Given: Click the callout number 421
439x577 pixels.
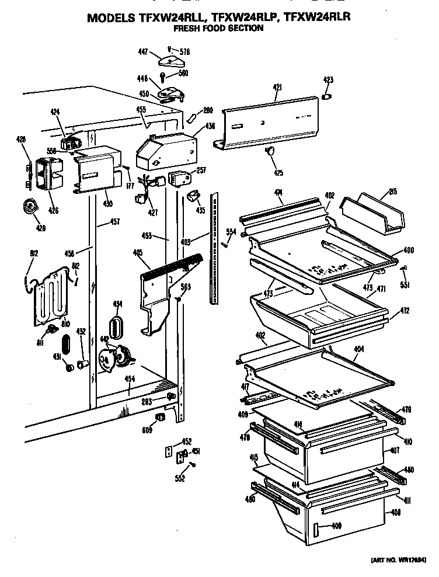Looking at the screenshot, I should [x=278, y=87].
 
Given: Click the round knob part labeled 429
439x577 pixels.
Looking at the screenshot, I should [x=28, y=206].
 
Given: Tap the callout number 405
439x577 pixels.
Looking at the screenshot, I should [x=138, y=252].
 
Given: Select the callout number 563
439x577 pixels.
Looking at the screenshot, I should [x=186, y=286].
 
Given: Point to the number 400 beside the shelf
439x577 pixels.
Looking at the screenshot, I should [x=408, y=250].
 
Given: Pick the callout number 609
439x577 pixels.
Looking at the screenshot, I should [x=147, y=430].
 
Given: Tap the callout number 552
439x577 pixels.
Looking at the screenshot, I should [x=180, y=479].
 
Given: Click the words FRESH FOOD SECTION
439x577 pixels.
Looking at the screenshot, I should [x=219, y=28].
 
